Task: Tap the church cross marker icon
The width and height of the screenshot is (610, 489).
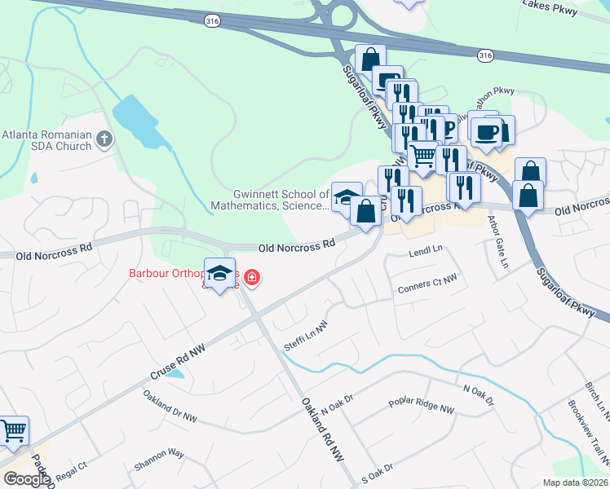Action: coord(104,140)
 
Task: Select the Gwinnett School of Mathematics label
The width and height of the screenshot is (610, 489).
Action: coord(281,200)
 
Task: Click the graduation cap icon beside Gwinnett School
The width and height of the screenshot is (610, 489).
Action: coord(346,197)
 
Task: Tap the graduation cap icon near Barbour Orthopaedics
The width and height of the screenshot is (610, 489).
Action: coord(219,273)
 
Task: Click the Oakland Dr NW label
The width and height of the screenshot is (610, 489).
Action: coord(170,406)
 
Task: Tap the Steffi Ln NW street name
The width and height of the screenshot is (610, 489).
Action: coord(305,334)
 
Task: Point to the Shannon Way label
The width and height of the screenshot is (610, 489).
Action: coord(160,458)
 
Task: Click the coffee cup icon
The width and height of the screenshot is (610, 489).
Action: coord(486,132)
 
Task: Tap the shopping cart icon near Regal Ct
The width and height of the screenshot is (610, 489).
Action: coord(13,430)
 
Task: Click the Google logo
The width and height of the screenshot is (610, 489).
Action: coord(27,479)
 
